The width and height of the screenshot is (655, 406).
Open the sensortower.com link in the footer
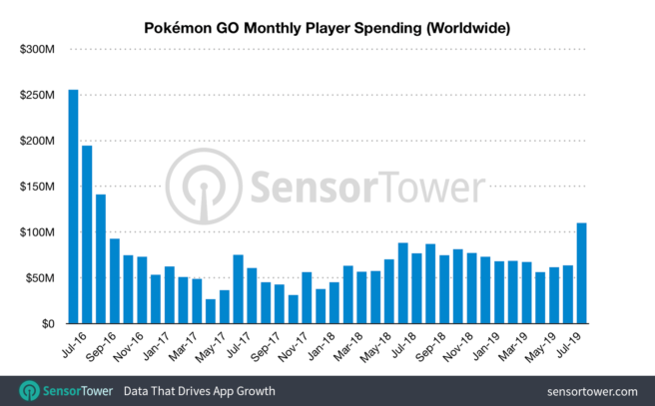point(593,390)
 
